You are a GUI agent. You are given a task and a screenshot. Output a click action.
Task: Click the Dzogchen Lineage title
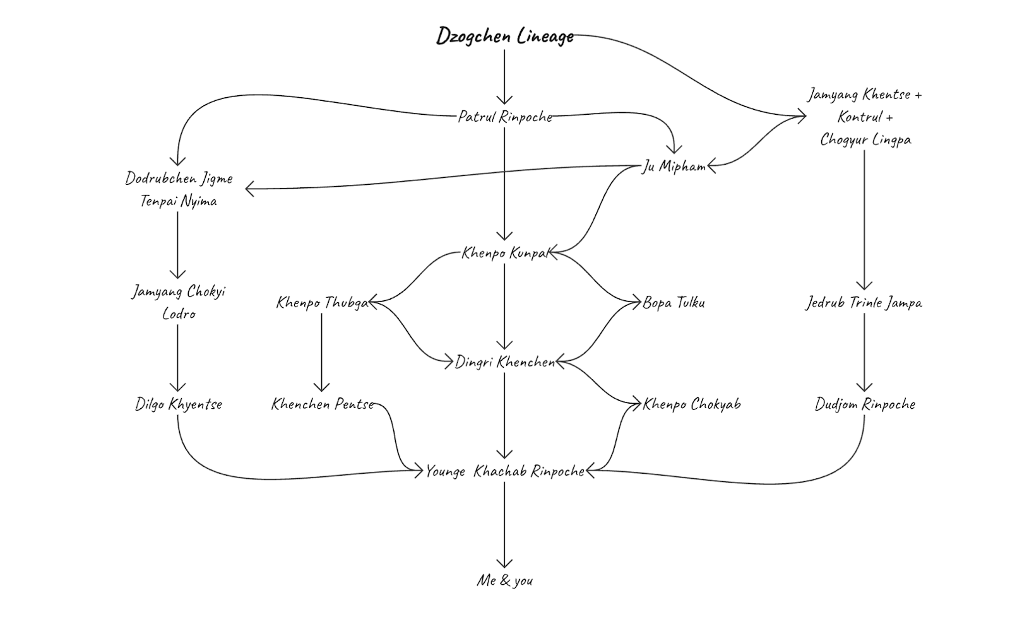tap(505, 36)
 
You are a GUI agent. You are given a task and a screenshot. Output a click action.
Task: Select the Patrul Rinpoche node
tap(505, 117)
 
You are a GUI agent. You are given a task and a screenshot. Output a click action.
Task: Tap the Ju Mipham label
tap(674, 167)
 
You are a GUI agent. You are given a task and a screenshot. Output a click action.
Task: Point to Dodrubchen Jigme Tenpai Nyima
tap(179, 189)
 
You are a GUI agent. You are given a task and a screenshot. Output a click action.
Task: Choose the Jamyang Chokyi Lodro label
tap(179, 302)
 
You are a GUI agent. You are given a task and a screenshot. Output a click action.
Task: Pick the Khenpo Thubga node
tap(322, 303)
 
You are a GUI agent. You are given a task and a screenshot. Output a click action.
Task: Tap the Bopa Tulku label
tap(674, 303)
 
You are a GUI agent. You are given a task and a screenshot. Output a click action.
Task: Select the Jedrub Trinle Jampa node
tap(864, 303)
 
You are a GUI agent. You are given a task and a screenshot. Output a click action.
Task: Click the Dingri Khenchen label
tap(505, 362)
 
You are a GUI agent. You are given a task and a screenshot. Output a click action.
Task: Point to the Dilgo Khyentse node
tap(179, 404)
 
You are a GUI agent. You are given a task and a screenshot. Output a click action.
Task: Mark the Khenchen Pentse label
tap(322, 404)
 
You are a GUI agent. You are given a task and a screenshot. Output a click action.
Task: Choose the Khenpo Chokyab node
tap(691, 404)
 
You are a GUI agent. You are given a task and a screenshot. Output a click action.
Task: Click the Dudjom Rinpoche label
tap(864, 404)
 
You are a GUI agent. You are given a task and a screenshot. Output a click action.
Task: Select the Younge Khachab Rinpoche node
tap(505, 471)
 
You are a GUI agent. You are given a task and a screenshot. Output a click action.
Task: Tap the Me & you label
tap(504, 580)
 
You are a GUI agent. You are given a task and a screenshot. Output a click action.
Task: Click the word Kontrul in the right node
tap(860, 117)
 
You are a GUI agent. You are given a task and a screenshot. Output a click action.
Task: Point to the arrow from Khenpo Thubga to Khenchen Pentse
tap(322, 353)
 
